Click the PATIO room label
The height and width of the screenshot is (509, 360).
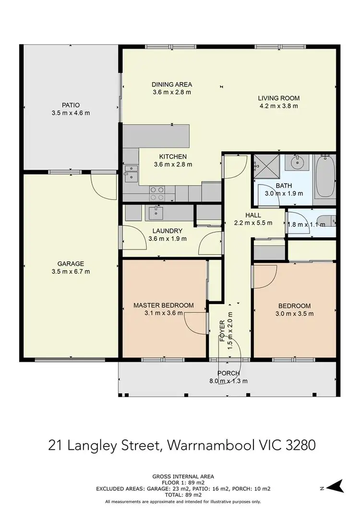click(70, 105)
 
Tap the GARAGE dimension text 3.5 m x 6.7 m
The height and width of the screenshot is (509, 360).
click(71, 272)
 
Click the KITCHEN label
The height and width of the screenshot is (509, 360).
click(173, 156)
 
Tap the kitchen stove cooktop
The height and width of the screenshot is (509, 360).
click(157, 193)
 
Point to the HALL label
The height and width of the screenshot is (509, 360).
click(252, 215)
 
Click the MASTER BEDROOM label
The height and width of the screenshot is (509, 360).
click(163, 305)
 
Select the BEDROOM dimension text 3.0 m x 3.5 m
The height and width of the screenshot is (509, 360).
click(294, 314)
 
